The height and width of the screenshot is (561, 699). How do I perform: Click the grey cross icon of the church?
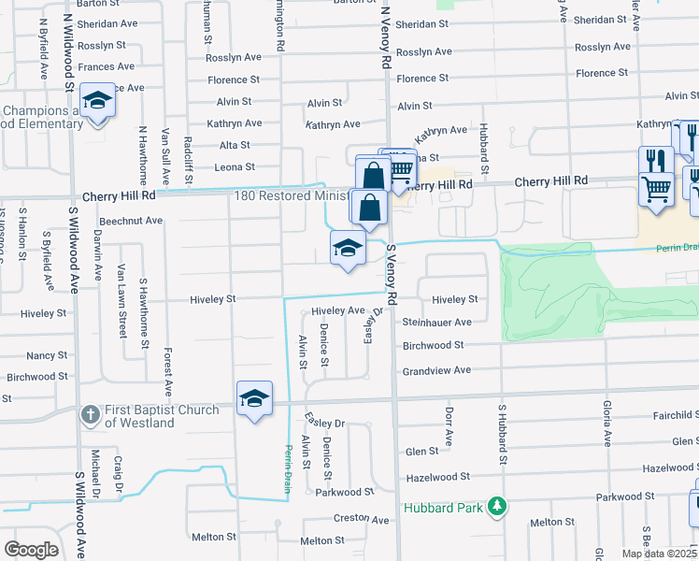[89, 414]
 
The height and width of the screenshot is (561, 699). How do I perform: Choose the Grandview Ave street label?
[436, 370]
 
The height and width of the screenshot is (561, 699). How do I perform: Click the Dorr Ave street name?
[449, 425]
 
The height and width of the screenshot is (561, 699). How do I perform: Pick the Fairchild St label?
[665, 415]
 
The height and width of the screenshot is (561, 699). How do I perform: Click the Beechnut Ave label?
[131, 221]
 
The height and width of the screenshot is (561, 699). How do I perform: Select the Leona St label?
[235, 167]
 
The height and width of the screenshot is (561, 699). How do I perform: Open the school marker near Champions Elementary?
[96, 99]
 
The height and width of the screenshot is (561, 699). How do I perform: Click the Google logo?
[32, 550]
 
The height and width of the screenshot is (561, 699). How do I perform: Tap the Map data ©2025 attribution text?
[658, 554]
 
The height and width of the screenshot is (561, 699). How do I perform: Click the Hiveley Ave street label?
[337, 309]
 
